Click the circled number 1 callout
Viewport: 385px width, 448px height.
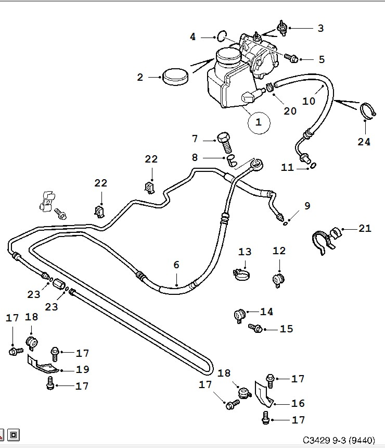(259, 123)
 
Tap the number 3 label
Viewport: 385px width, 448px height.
(320, 28)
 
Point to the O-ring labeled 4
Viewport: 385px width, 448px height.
(222, 36)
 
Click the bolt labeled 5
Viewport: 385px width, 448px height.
(293, 58)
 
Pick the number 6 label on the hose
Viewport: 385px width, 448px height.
(176, 265)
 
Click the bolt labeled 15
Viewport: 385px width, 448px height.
(255, 328)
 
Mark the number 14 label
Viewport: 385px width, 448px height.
(267, 312)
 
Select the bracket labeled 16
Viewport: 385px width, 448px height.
(263, 394)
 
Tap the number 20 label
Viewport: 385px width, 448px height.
(290, 110)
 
